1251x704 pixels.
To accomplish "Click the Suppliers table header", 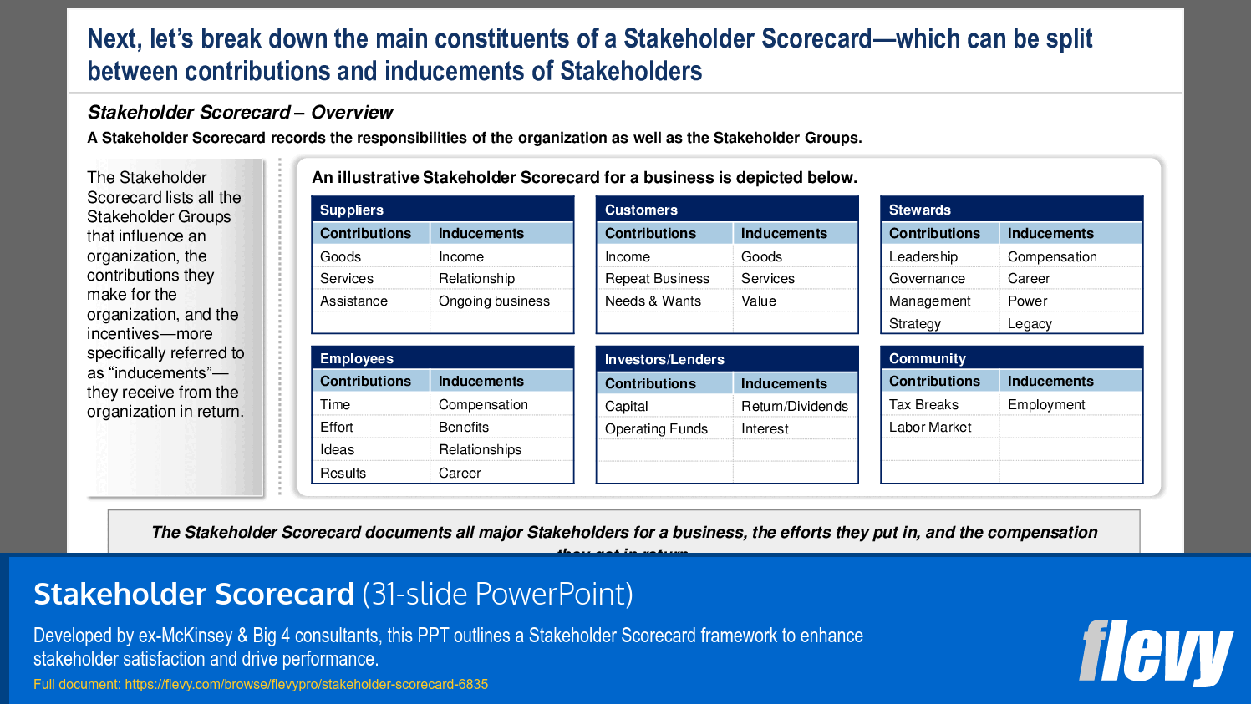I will coord(352,210).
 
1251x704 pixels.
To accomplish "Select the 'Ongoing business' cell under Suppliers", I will coord(494,301).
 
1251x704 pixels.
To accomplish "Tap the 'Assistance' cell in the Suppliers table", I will coord(353,301).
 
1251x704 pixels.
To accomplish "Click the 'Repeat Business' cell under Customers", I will coord(657,278).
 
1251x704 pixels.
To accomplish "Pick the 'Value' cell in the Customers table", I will coord(759,301).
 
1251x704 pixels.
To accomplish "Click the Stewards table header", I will coord(920,210).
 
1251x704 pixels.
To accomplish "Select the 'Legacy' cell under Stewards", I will coord(1030,323).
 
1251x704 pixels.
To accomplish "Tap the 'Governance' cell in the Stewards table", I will coord(927,278).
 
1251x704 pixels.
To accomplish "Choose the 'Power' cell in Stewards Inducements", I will coord(1027,301).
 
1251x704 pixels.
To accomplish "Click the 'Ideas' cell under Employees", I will coord(338,449).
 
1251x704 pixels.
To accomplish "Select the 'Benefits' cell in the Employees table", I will coord(464,427).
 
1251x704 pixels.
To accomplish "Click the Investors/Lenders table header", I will coord(664,359).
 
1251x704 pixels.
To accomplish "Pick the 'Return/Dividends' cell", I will coord(794,406).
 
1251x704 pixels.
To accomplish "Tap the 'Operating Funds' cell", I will coord(656,428).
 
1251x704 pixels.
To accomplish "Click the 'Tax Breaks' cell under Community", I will coord(923,404).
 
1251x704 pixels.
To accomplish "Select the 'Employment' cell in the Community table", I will coord(1046,404).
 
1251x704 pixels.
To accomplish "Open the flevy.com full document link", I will coord(306,684).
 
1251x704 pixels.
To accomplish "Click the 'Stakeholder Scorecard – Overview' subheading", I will coord(240,112).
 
